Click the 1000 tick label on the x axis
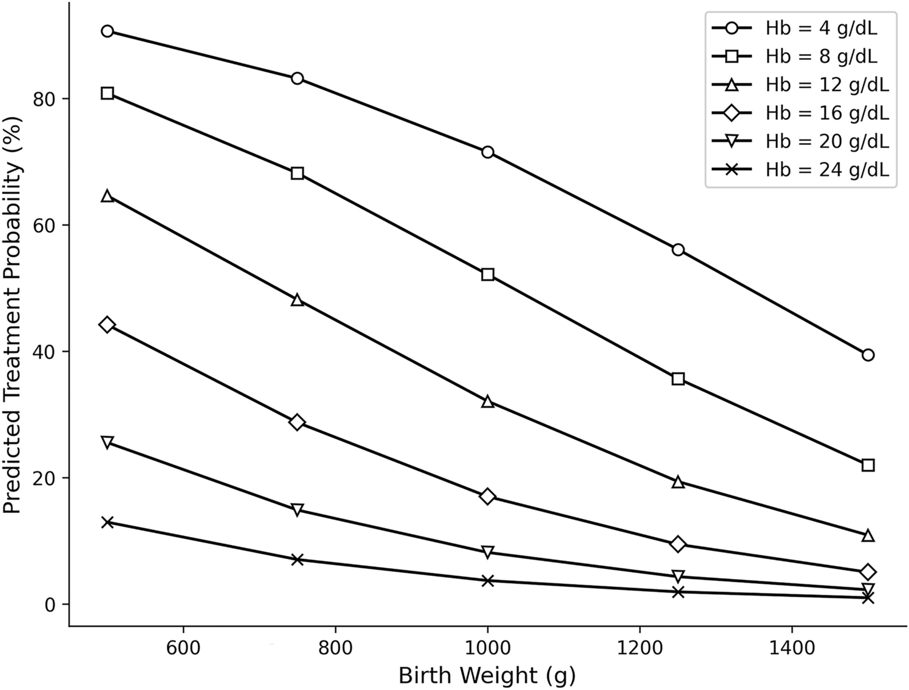[487, 648]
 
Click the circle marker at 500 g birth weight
[107, 32]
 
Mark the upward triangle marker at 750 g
[297, 300]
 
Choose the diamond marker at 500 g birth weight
[107, 325]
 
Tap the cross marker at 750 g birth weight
[297, 559]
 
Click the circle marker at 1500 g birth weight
[868, 355]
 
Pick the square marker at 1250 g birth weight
[678, 379]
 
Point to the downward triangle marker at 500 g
[107, 442]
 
